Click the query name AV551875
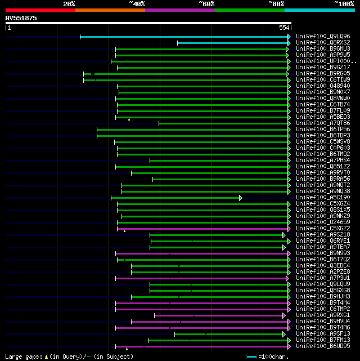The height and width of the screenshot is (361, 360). pyautogui.click(x=21, y=18)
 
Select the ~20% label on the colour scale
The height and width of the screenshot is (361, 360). pyautogui.click(x=69, y=4)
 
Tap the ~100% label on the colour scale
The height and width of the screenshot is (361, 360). pyautogui.click(x=344, y=4)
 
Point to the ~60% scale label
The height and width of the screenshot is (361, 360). pyautogui.click(x=206, y=4)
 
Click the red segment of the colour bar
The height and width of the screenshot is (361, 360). pyautogui.click(x=40, y=10)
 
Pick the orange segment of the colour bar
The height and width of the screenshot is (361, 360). pyautogui.click(x=110, y=10)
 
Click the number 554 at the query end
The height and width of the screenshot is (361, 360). pyautogui.click(x=284, y=28)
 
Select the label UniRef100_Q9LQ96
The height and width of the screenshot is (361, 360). pyautogui.click(x=323, y=36)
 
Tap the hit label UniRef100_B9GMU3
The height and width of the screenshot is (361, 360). pyautogui.click(x=323, y=48)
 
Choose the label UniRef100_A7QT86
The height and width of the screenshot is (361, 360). pyautogui.click(x=323, y=123)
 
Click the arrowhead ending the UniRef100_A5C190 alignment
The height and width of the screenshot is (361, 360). pyautogui.click(x=240, y=198)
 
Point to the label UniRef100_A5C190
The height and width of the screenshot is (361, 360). pyautogui.click(x=323, y=198)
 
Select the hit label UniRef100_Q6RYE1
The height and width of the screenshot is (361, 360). pyautogui.click(x=323, y=241)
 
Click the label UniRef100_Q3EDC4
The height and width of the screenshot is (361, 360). pyautogui.click(x=323, y=266)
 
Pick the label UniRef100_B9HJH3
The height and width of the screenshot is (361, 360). pyautogui.click(x=323, y=297)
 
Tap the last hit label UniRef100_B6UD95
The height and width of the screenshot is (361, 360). pyautogui.click(x=323, y=346)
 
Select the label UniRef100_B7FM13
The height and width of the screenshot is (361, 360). pyautogui.click(x=323, y=340)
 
